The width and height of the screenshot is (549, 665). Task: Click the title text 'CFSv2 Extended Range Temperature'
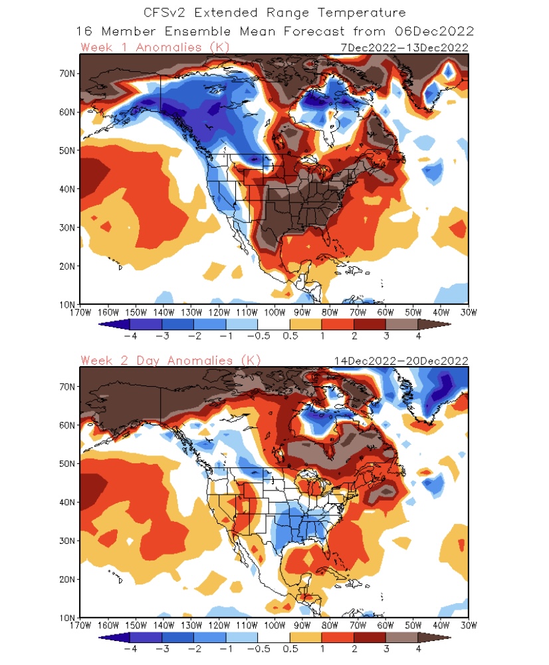coord(274,13)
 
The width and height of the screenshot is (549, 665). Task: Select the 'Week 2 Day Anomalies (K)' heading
coord(171,360)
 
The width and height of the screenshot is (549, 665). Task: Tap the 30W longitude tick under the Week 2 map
coord(468,625)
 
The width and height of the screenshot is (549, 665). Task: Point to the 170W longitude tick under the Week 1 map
coord(80,312)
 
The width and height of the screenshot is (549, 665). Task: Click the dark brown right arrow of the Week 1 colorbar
coord(433,324)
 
